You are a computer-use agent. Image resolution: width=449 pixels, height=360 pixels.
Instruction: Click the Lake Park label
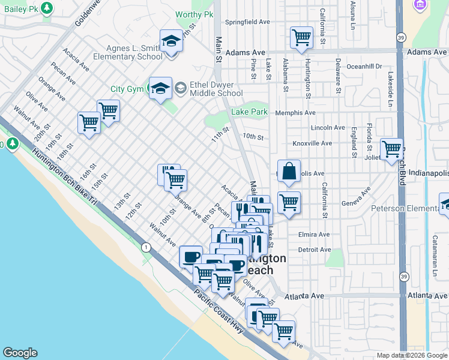pyautogui.click(x=250, y=112)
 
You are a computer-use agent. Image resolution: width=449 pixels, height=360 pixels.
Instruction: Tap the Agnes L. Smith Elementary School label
pyautogui.click(x=128, y=52)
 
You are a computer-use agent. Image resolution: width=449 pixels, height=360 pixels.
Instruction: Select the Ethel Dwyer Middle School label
pyautogui.click(x=216, y=89)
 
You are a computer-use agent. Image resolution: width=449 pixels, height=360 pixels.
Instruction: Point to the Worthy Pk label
pyautogui.click(x=194, y=14)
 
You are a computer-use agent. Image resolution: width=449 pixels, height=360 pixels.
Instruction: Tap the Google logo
pyautogui.click(x=20, y=353)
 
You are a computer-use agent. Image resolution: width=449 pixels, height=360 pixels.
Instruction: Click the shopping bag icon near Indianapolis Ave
pyautogui.click(x=289, y=171)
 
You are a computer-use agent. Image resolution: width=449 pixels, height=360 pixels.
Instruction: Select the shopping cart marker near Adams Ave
pyautogui.click(x=301, y=37)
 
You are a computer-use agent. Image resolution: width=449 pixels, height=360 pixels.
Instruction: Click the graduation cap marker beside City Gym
pyautogui.click(x=160, y=89)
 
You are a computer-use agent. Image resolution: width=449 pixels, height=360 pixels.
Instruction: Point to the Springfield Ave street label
pyautogui.click(x=247, y=22)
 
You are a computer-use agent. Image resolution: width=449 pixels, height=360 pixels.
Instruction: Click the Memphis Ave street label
pyautogui.click(x=295, y=113)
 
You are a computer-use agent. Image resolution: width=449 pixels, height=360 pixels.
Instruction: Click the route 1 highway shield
pyautogui.click(x=145, y=247)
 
